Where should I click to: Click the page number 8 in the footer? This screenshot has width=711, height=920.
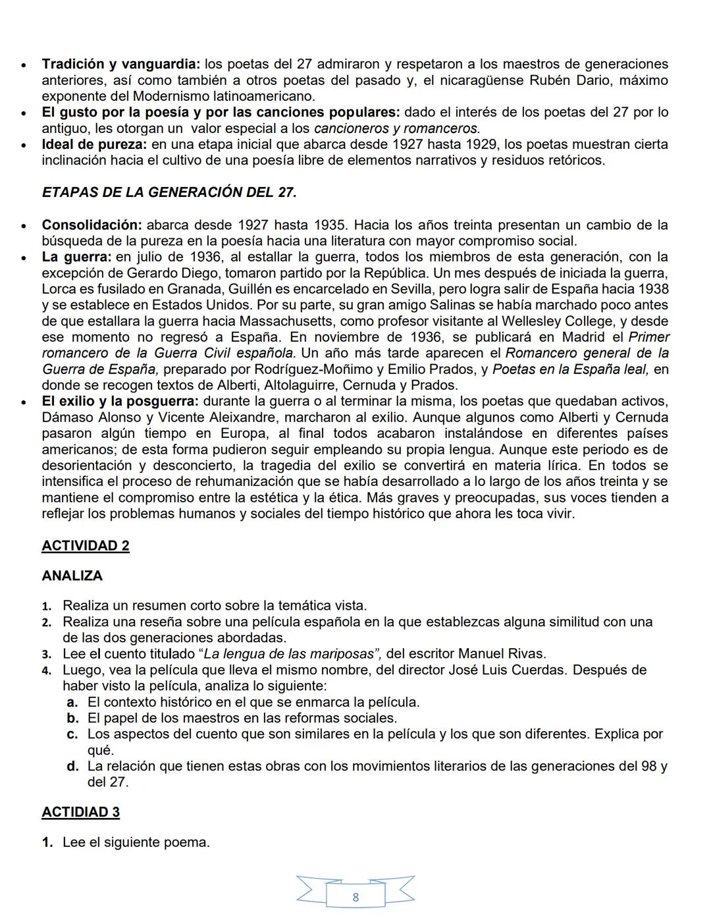tap(355, 897)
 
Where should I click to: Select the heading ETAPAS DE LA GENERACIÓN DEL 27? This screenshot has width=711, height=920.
tap(169, 192)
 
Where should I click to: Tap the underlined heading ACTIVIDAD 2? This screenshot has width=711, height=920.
tap(86, 546)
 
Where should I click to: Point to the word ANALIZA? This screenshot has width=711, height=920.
tap(72, 576)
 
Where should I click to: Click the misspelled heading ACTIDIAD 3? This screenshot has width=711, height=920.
tap(81, 812)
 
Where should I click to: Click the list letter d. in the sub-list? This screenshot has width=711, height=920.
tap(73, 767)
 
